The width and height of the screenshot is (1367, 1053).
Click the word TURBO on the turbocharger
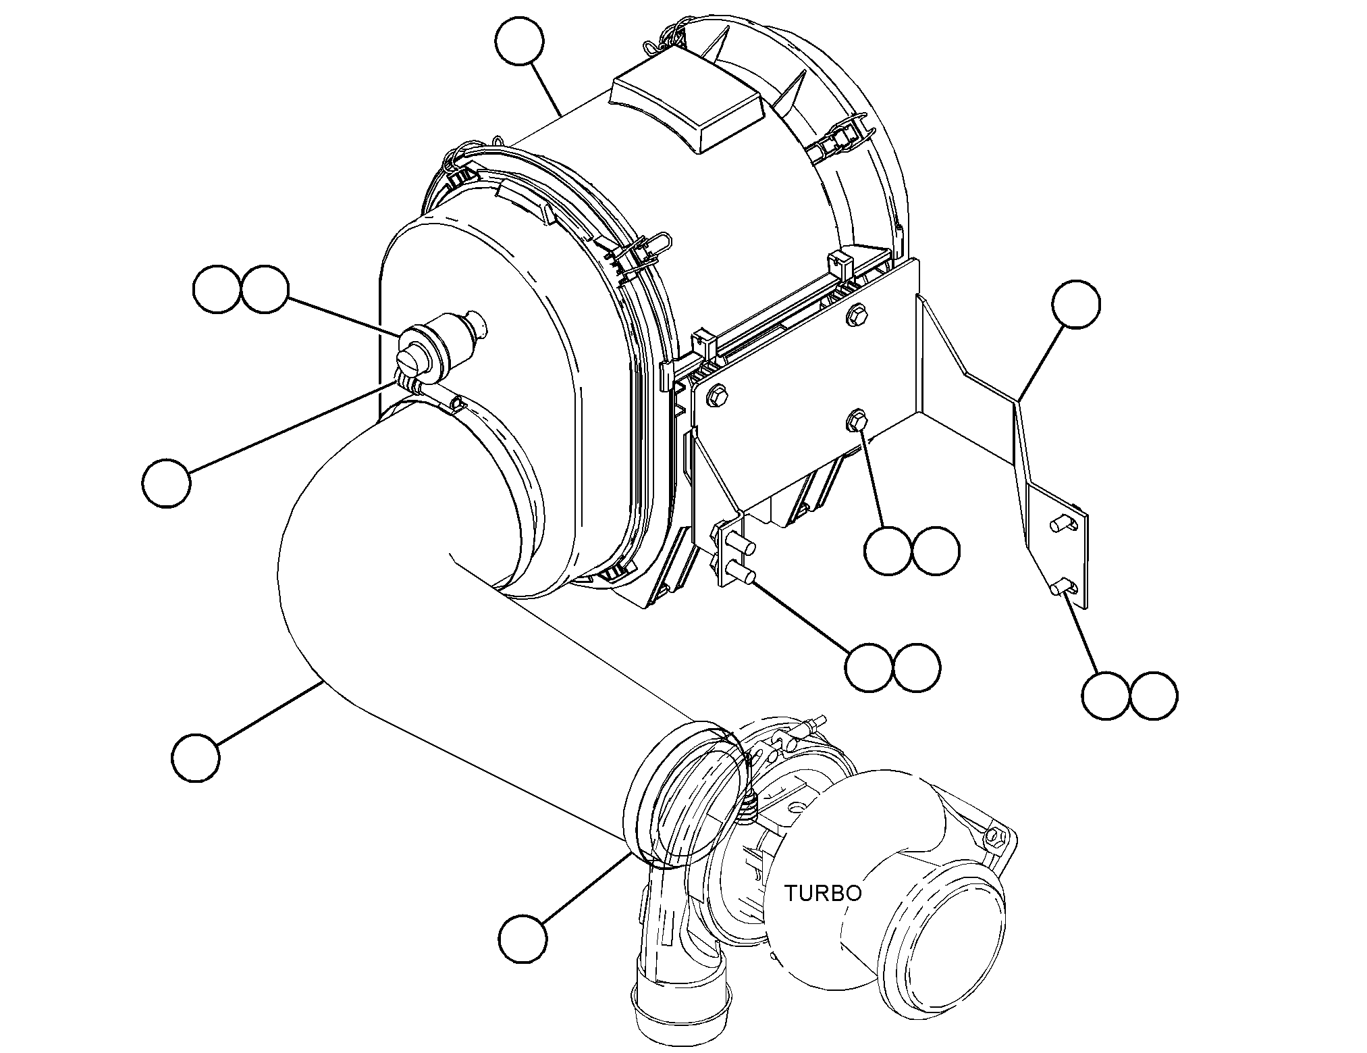(822, 893)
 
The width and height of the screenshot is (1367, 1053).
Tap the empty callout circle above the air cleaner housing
(519, 42)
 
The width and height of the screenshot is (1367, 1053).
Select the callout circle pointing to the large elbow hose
(196, 758)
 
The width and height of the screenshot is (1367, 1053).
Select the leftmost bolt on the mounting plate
(717, 397)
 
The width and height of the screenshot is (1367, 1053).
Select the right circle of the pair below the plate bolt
(935, 550)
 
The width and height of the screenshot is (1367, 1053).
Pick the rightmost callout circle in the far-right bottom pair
(1154, 696)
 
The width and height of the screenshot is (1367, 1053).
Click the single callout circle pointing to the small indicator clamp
(166, 483)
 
